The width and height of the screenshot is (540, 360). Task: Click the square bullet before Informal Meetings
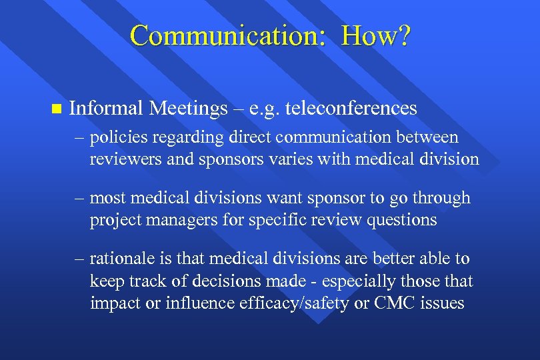tap(55, 108)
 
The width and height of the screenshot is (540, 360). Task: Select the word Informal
tap(107, 107)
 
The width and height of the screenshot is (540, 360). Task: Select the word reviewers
tap(120, 159)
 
